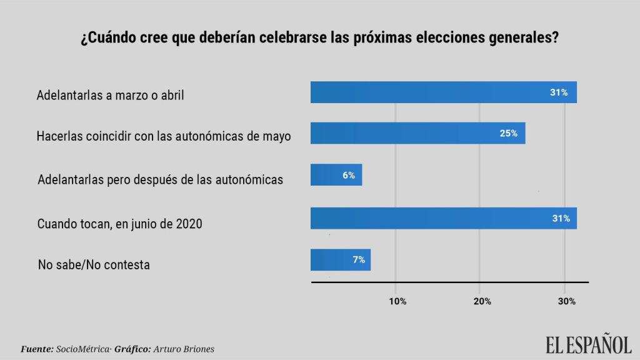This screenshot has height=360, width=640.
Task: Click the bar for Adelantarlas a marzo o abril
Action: [x=443, y=92]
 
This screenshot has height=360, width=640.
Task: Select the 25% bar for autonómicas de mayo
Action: [x=417, y=133]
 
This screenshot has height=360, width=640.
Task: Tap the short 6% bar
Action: [x=336, y=175]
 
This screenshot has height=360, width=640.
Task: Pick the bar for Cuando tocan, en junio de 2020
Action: [x=443, y=218]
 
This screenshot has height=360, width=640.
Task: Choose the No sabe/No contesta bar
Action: [x=341, y=260]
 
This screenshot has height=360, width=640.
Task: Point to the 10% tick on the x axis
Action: [x=397, y=301]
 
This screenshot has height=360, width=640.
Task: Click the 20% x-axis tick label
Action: [x=482, y=301]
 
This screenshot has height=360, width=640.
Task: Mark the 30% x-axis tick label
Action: [x=567, y=301]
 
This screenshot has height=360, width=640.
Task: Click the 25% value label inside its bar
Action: [x=508, y=133]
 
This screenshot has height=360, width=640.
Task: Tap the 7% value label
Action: [x=359, y=260]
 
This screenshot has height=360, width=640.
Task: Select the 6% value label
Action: [x=349, y=176]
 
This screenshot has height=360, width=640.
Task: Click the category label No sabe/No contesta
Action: [x=94, y=264]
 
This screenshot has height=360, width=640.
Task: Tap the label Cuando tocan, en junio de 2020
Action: [x=119, y=223]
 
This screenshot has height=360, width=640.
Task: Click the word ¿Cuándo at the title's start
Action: [x=104, y=37]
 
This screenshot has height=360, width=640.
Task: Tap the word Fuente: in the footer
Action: [x=37, y=349]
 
